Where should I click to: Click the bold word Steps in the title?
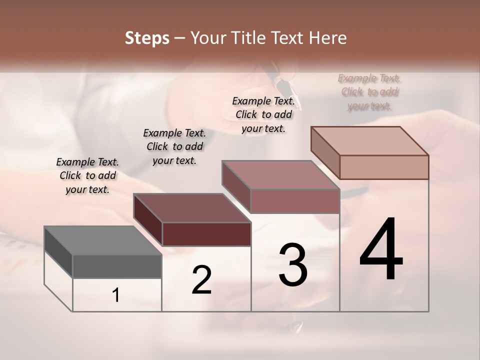click(x=147, y=38)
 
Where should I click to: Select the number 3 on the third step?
click(x=293, y=265)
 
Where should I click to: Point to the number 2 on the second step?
click(x=202, y=280)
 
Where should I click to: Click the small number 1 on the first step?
click(x=116, y=295)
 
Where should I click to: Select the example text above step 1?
click(x=87, y=175)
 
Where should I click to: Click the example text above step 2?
click(x=174, y=146)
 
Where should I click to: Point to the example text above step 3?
click(x=263, y=114)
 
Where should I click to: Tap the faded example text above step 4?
click(x=369, y=92)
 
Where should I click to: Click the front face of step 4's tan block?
click(x=384, y=167)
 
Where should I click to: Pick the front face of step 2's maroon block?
click(x=206, y=234)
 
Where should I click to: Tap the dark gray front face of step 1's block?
click(x=117, y=266)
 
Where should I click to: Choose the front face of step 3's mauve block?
click(x=295, y=201)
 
